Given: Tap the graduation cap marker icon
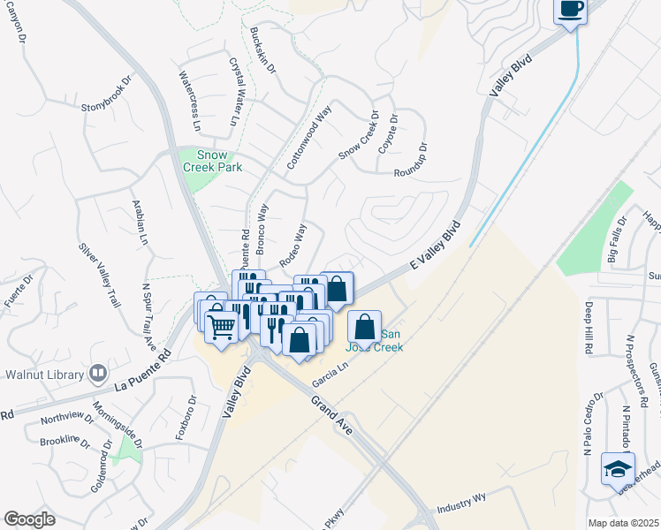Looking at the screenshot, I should [x=618, y=467].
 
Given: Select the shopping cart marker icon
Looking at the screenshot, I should [x=221, y=326].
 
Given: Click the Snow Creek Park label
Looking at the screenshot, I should [x=211, y=160].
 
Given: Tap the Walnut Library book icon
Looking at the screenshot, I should [x=97, y=374].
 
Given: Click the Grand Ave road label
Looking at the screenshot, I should [x=331, y=415].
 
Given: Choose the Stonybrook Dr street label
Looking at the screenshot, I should [x=106, y=92].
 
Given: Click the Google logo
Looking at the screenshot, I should [x=29, y=519].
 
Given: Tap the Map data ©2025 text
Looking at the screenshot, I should [x=622, y=523].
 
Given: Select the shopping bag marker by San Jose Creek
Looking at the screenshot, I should [x=365, y=327].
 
